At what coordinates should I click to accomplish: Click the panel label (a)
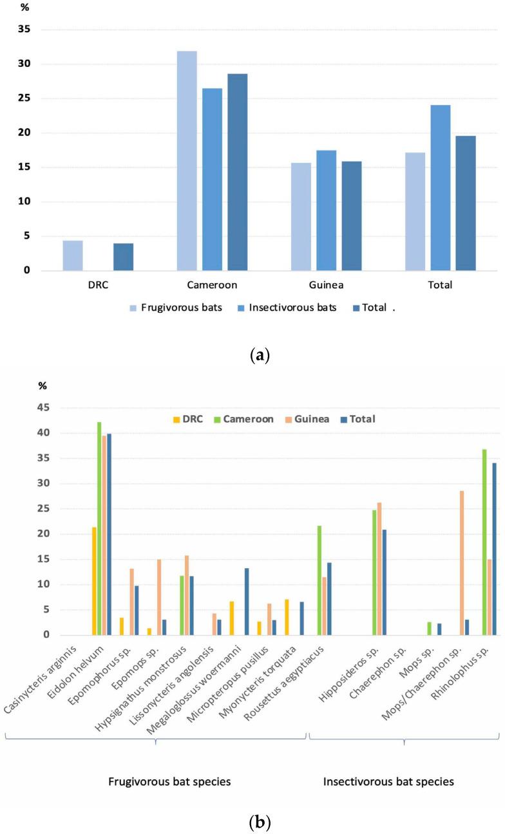pyautogui.click(x=252, y=355)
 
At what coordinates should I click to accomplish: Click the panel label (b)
pyautogui.click(x=252, y=822)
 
